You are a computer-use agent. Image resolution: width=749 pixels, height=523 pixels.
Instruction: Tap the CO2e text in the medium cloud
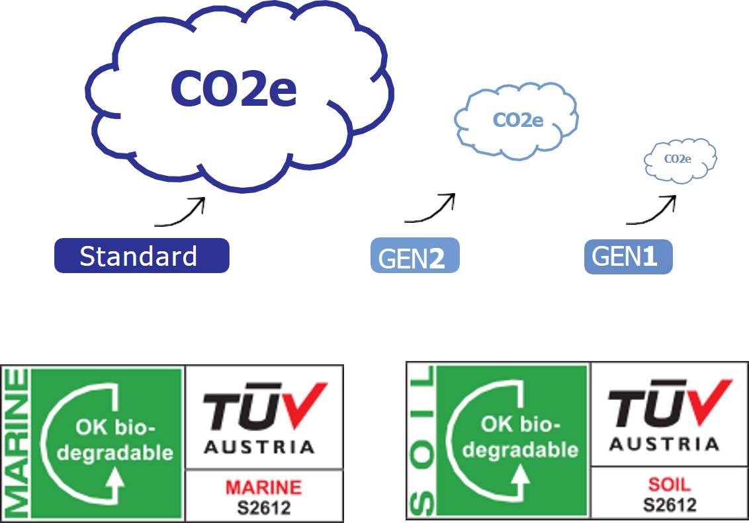pyautogui.click(x=518, y=120)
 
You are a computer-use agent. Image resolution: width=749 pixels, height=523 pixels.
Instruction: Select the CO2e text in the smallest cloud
pyautogui.click(x=678, y=159)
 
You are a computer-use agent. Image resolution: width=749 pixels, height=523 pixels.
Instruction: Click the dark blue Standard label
pyautogui.click(x=141, y=256)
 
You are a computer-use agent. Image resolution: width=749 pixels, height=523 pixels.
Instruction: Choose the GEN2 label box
pyautogui.click(x=415, y=256)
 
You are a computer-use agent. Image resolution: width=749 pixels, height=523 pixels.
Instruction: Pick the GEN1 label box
pyautogui.click(x=628, y=257)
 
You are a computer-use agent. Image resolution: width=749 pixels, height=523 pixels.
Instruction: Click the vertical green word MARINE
pyautogui.click(x=15, y=443)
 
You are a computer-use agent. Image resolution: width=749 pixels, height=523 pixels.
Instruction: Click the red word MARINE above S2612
pyautogui.click(x=263, y=488)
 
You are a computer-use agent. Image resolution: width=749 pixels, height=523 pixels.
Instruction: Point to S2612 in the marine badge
pyautogui.click(x=263, y=506)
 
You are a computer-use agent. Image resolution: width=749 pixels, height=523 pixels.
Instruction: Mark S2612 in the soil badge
pyautogui.click(x=670, y=504)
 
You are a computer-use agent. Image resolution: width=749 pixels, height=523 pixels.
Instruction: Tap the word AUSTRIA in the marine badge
pyautogui.click(x=259, y=448)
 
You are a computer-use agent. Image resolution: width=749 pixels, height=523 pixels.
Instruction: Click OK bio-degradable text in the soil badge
pyautogui.click(x=519, y=437)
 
